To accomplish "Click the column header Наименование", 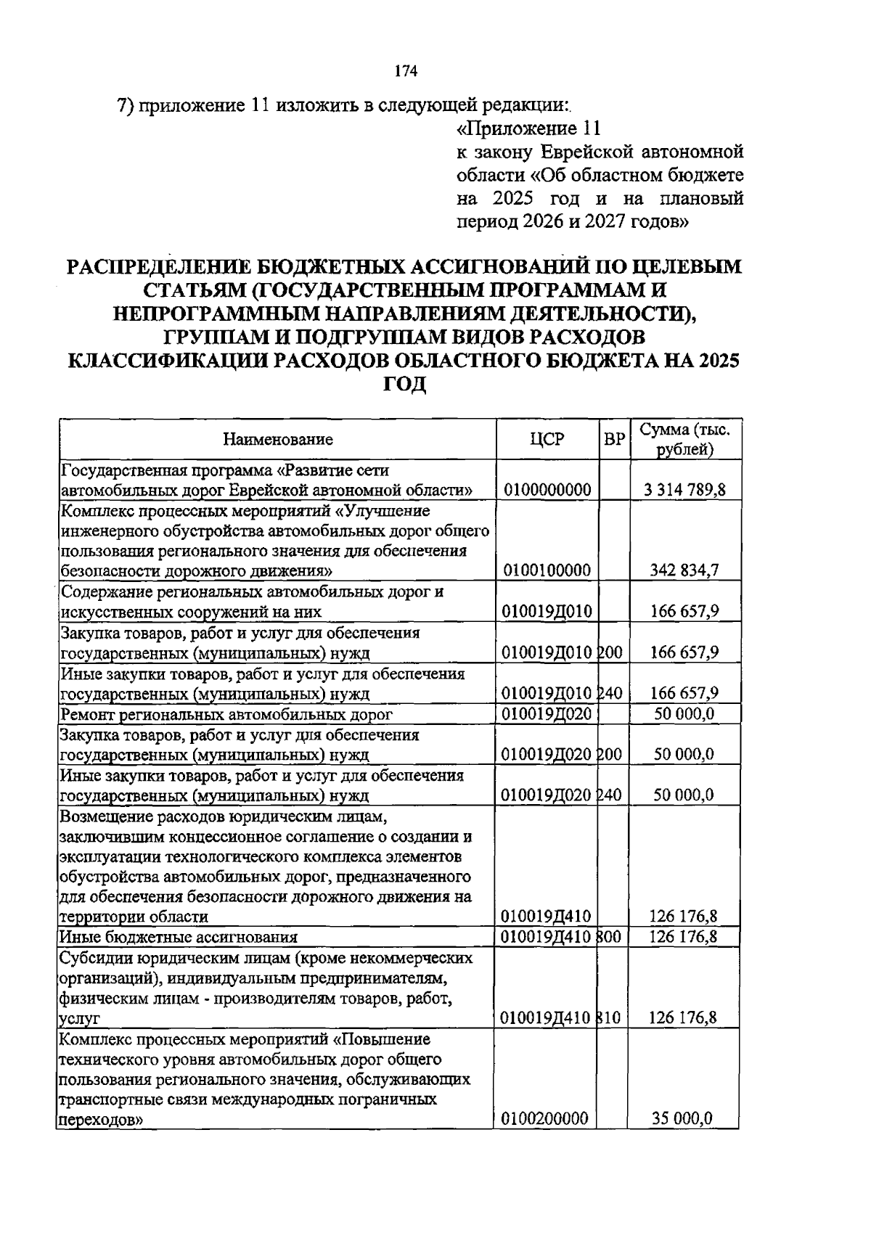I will (278, 439).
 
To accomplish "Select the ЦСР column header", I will (547, 439).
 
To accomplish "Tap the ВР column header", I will (615, 439).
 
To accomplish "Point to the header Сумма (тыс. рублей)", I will (684, 439).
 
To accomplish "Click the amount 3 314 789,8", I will (684, 490).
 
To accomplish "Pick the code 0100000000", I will (547, 490).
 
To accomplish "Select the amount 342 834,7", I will (684, 570).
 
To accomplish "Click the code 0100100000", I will (547, 570).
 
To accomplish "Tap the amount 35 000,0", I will (683, 1118).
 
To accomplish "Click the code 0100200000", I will (545, 1118).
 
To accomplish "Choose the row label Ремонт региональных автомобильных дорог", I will (226, 714).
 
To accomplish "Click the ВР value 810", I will (610, 1017).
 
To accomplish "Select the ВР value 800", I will (610, 937).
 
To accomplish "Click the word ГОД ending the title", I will (404, 384).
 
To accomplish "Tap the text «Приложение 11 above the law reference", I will (528, 129).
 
